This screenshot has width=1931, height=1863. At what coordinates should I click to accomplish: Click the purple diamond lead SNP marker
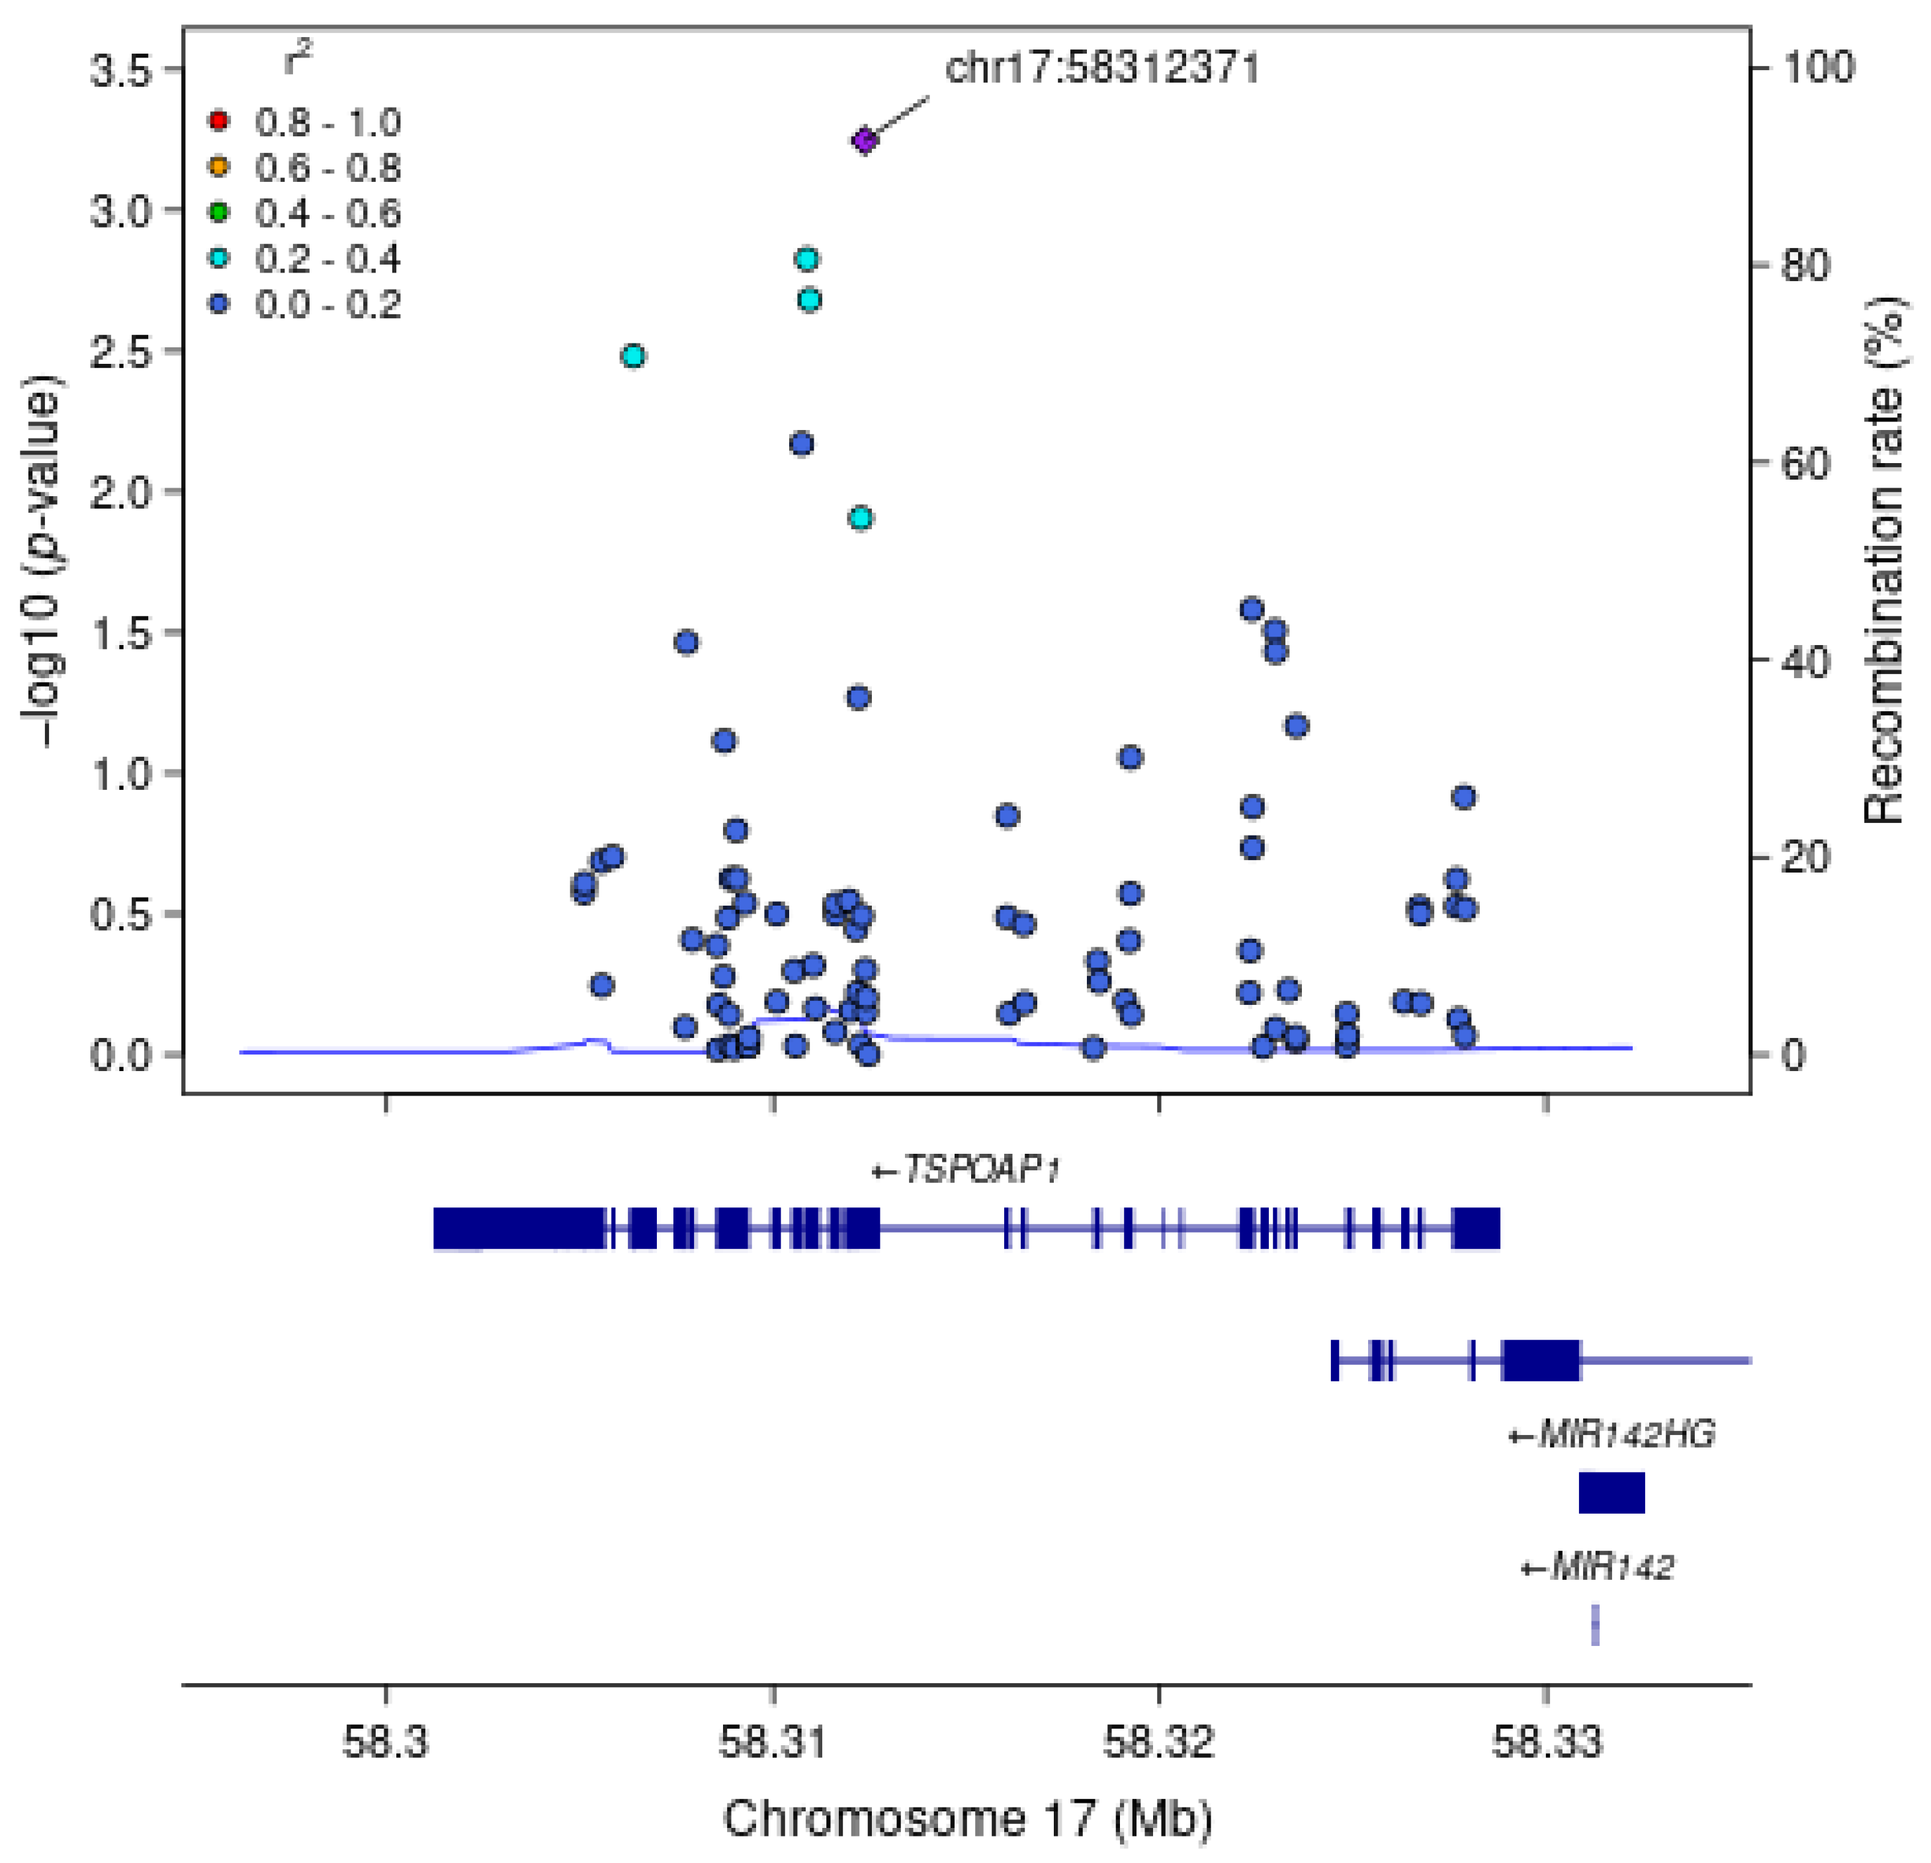pyautogui.click(x=864, y=141)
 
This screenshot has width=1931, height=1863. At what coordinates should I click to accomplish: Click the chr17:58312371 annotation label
pyautogui.click(x=1101, y=68)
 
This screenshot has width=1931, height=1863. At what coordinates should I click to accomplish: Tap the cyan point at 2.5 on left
pyautogui.click(x=634, y=356)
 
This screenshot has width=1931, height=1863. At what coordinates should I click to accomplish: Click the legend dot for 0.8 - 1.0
pyautogui.click(x=219, y=121)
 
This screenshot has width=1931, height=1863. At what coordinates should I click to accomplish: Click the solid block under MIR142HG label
pyautogui.click(x=1611, y=1493)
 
